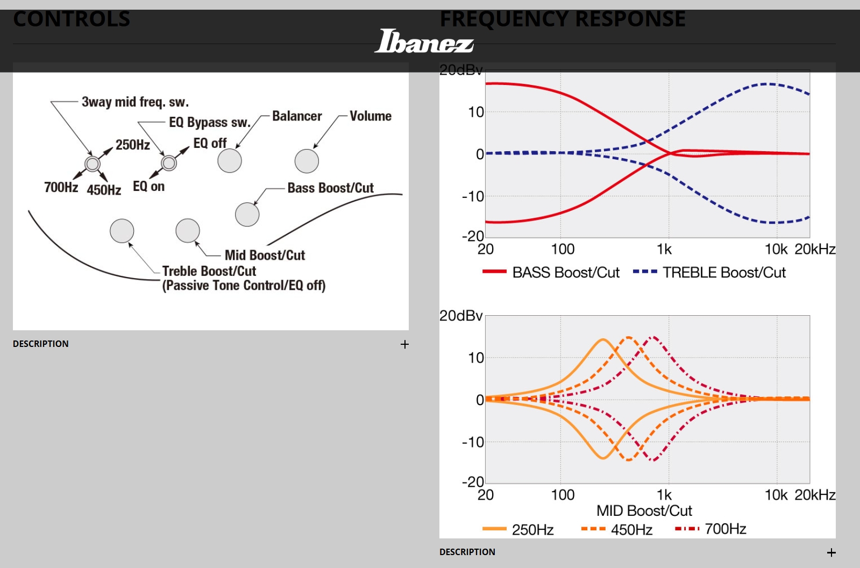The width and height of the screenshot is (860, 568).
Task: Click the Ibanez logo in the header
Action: click(x=424, y=41)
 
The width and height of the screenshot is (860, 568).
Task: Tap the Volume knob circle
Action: click(x=307, y=161)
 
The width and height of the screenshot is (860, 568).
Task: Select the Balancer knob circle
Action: click(x=230, y=160)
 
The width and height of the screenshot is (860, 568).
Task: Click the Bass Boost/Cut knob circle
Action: click(x=247, y=214)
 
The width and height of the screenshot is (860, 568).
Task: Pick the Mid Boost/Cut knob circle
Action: click(x=188, y=231)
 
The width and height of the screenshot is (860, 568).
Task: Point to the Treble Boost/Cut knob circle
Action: click(x=122, y=231)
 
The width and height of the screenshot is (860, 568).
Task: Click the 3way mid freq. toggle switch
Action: click(x=93, y=164)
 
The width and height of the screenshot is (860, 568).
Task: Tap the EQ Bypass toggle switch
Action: click(x=169, y=162)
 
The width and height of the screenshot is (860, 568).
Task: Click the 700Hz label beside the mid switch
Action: click(x=61, y=187)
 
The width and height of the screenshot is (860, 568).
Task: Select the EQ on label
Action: click(x=148, y=187)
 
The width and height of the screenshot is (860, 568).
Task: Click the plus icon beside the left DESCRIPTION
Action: click(x=405, y=344)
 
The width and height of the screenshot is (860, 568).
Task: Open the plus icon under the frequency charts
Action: click(x=831, y=552)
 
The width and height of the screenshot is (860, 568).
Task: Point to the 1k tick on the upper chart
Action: click(x=664, y=250)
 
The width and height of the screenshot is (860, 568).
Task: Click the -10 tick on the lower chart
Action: click(x=473, y=442)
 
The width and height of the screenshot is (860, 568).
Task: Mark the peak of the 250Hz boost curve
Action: click(x=603, y=339)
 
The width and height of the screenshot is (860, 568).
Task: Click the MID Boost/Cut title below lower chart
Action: click(x=644, y=510)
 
